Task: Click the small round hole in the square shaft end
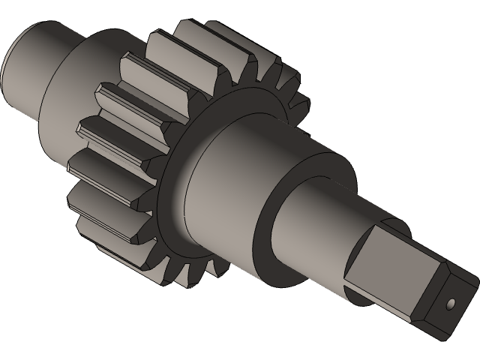coord(451,304)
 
